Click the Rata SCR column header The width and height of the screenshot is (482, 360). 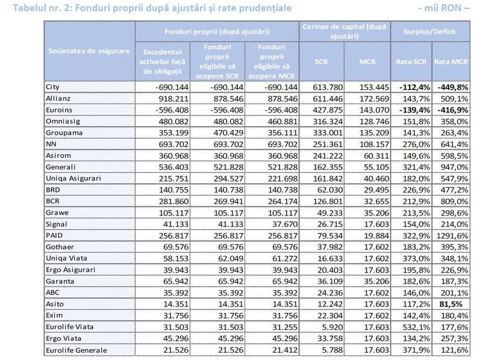412,61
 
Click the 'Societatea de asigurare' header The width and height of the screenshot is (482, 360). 89,51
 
